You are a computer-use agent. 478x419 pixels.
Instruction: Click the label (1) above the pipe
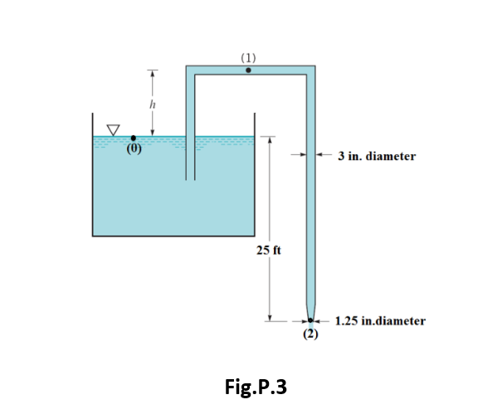pyautogui.click(x=248, y=57)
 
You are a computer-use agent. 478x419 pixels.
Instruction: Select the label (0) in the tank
pyautogui.click(x=133, y=151)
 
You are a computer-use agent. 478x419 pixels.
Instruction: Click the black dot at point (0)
pyautogui.click(x=134, y=138)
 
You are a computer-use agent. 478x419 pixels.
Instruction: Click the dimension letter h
pyautogui.click(x=150, y=104)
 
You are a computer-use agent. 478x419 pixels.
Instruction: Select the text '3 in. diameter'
pyautogui.click(x=377, y=156)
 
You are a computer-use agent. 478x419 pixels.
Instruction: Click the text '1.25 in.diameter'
pyautogui.click(x=380, y=320)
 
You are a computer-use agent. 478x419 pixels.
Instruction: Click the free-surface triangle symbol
pyautogui.click(x=112, y=130)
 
